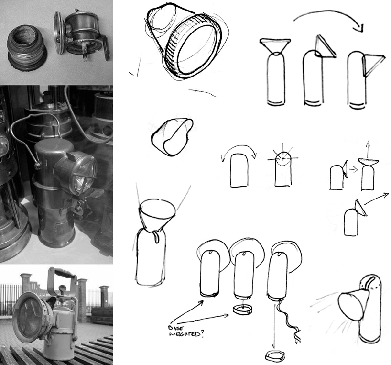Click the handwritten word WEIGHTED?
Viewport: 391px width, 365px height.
point(186,334)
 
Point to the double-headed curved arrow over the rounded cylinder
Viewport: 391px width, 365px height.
point(239,148)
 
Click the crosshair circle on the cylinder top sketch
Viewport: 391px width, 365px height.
point(283,158)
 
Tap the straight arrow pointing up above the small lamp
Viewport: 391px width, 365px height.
point(368,149)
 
